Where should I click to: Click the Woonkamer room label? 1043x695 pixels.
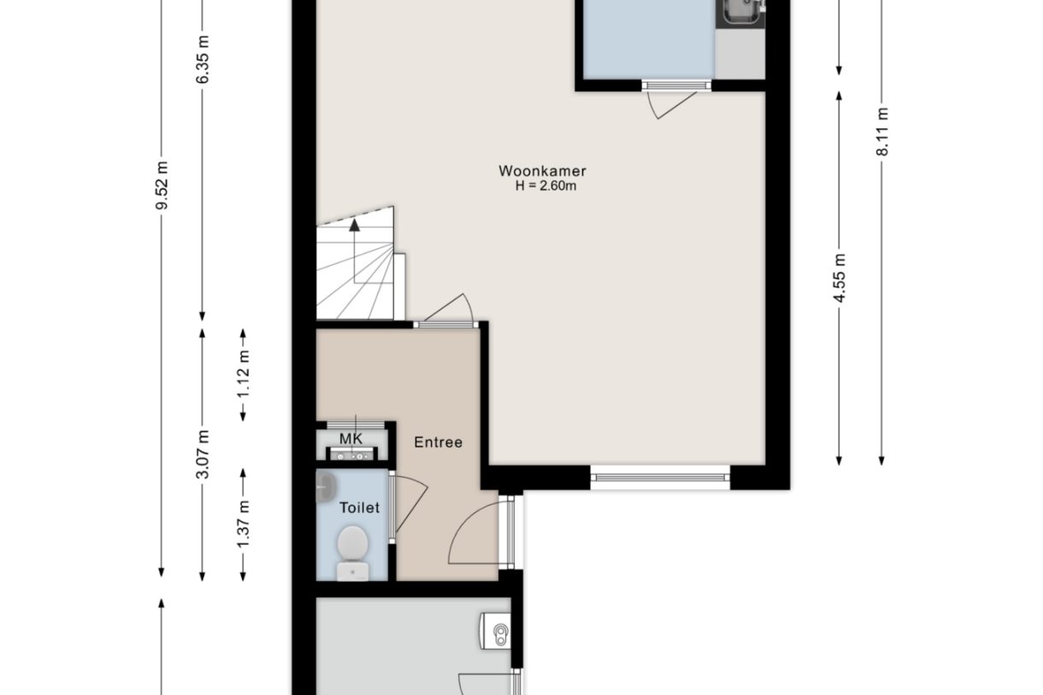(542, 171)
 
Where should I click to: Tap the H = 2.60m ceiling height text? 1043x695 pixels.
(545, 186)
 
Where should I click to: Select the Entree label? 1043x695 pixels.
(439, 442)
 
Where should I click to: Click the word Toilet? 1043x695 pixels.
(359, 508)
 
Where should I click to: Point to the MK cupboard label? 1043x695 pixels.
(351, 439)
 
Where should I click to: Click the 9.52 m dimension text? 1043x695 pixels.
(162, 186)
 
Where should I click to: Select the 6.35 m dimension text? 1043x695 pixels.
(202, 59)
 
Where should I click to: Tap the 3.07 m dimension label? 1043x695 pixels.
(202, 454)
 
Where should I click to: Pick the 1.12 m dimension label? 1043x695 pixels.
(243, 374)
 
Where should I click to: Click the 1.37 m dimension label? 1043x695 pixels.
(243, 524)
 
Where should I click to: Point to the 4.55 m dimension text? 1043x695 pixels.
(839, 278)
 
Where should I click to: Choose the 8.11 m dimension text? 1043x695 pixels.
(882, 132)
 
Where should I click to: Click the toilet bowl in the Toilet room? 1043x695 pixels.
(353, 553)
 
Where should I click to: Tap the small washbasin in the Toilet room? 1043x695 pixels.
(327, 487)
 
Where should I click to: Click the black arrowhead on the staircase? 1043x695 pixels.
(355, 225)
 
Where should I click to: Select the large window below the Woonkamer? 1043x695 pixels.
(660, 477)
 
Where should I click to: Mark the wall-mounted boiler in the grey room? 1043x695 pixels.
(496, 631)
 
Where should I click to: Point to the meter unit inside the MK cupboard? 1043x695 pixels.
(351, 453)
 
